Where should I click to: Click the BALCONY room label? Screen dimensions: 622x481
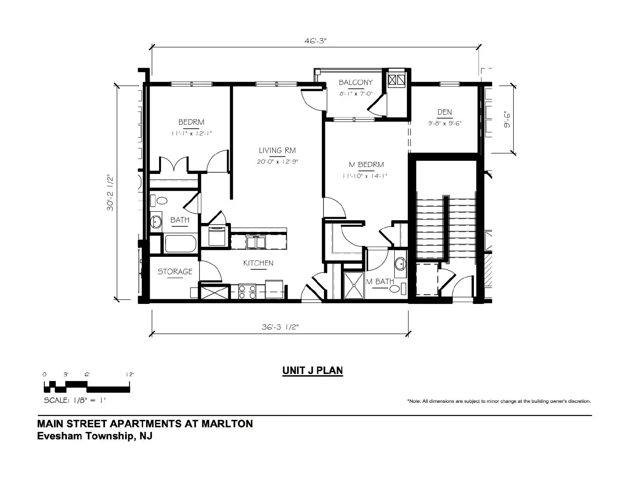point(355,83)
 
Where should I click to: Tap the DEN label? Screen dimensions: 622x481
point(444,112)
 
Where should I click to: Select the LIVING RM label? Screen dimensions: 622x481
point(277,150)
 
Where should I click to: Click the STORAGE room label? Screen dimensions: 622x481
point(175,271)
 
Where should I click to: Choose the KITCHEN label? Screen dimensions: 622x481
point(258,263)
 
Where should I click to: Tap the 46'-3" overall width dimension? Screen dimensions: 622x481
point(315,41)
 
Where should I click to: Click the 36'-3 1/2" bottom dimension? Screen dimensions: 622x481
point(280,327)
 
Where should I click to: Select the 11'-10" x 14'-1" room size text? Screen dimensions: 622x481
point(365,176)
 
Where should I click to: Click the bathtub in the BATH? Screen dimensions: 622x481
point(181,244)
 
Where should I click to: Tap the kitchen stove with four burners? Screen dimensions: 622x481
point(247,291)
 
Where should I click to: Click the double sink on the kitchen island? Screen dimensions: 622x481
point(256,242)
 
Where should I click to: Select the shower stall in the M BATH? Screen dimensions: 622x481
point(354,285)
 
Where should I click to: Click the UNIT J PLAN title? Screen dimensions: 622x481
point(313,370)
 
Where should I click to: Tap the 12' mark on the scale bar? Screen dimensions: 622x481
point(130,374)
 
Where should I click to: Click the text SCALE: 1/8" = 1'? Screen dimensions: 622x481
point(74,400)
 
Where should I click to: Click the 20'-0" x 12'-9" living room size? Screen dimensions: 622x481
point(277,162)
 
